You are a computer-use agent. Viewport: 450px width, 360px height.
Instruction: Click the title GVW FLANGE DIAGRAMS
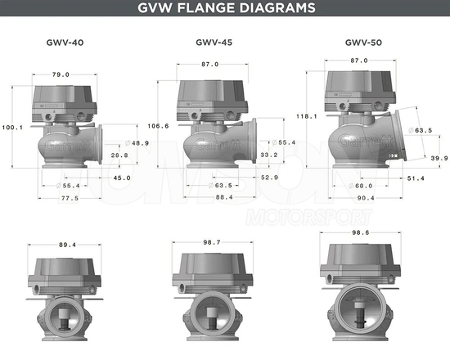tap(225, 10)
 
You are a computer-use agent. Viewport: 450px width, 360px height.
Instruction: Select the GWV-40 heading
tap(65, 41)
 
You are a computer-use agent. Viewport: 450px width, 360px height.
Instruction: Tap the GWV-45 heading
tap(215, 41)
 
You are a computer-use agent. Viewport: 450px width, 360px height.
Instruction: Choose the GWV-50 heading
tap(362, 41)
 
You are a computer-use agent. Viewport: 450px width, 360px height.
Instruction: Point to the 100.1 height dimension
tap(13, 127)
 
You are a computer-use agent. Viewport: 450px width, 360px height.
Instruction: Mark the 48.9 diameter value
tap(140, 143)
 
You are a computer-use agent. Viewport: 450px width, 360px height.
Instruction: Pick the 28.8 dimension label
tap(119, 155)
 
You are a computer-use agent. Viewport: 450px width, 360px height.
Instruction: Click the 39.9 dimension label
tap(439, 159)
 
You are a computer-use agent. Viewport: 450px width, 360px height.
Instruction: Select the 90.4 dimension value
tap(366, 197)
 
